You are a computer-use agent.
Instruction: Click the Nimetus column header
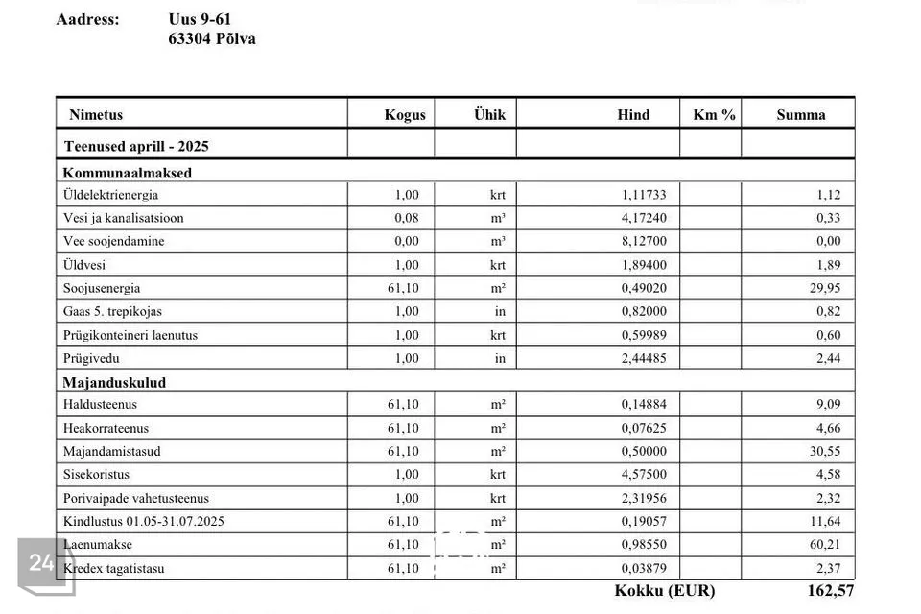click(96, 115)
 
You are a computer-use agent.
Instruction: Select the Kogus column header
click(405, 115)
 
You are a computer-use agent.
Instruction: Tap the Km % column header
click(714, 115)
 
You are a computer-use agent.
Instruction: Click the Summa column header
click(800, 115)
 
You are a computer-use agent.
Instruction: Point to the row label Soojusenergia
click(102, 288)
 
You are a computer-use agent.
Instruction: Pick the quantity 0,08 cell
click(407, 218)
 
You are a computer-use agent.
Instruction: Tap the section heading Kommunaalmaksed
click(128, 174)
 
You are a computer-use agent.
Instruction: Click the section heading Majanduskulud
click(114, 382)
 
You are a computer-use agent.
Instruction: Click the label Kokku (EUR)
click(664, 591)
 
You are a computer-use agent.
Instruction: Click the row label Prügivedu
click(92, 358)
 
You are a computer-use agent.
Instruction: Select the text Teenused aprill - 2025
click(136, 147)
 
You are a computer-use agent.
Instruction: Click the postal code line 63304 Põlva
click(211, 39)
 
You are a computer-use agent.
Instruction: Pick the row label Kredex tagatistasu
click(113, 568)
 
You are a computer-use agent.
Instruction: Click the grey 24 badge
click(41, 563)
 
